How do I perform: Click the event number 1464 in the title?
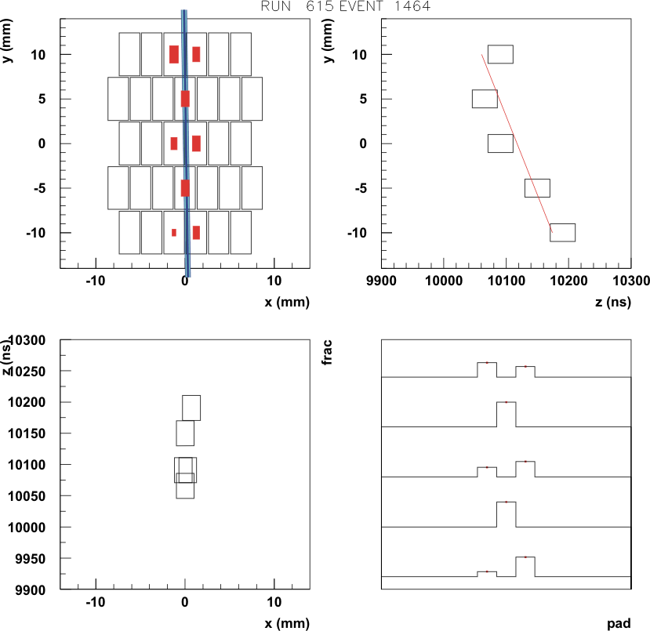click(412, 5)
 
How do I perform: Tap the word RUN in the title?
click(276, 5)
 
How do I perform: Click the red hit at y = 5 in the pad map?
click(185, 99)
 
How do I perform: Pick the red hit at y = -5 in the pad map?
click(185, 188)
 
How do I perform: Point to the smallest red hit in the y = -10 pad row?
click(174, 233)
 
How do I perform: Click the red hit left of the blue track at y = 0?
click(174, 143)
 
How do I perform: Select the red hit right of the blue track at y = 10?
click(196, 54)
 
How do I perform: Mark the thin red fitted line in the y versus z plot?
click(517, 143)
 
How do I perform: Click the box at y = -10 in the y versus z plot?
click(562, 233)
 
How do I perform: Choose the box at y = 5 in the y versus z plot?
click(485, 99)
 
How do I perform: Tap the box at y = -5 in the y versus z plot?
click(537, 188)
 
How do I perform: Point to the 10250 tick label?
click(27, 372)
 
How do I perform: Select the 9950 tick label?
click(31, 559)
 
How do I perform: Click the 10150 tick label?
click(27, 433)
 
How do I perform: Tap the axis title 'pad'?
click(619, 623)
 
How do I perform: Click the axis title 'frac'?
click(327, 352)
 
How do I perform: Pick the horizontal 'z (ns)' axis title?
click(613, 302)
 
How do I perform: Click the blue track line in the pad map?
click(185, 143)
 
